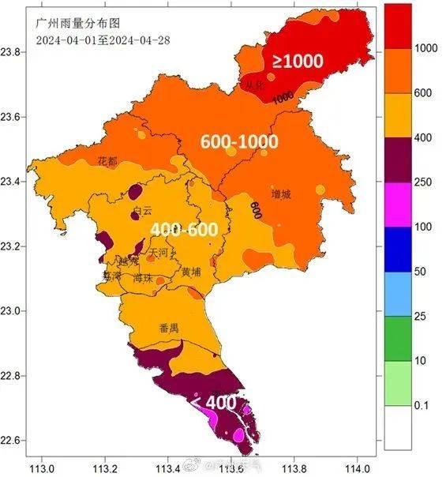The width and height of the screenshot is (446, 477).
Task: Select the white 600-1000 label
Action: [x=239, y=141]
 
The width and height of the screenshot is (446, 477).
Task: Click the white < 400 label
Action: [x=212, y=402]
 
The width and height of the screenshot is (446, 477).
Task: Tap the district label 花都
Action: [x=107, y=161]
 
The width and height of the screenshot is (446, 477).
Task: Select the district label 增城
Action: [x=280, y=193]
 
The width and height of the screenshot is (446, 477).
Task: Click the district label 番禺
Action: [x=169, y=328]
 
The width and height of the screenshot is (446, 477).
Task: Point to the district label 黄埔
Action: [x=191, y=272]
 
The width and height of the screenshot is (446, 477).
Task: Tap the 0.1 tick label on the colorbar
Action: [x=422, y=406]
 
